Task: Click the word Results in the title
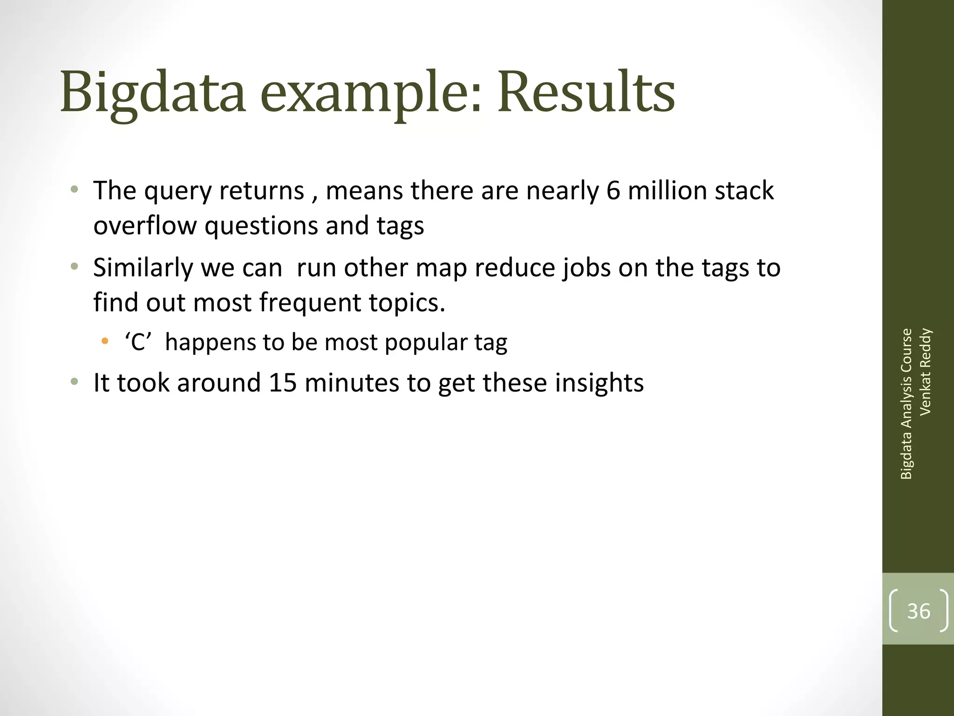[x=586, y=92]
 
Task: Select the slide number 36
[x=919, y=611]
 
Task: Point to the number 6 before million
[x=613, y=191]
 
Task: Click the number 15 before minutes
[x=283, y=383]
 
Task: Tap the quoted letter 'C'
[x=138, y=343]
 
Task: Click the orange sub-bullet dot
[x=105, y=341]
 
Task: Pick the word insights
[x=599, y=383]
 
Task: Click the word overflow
[x=145, y=226]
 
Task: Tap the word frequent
[x=310, y=303]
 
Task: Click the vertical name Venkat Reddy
[x=925, y=372]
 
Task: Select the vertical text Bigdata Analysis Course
[x=906, y=404]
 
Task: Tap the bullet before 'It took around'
[x=74, y=382]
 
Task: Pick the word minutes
[x=352, y=383]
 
